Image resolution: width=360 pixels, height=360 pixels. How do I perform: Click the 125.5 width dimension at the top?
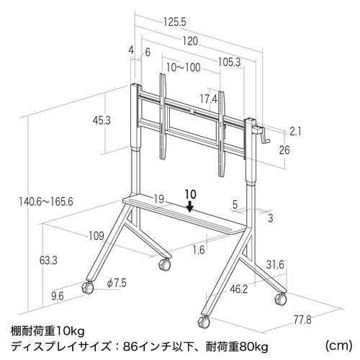pos(175,22)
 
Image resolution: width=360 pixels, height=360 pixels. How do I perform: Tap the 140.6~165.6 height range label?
pos(46,202)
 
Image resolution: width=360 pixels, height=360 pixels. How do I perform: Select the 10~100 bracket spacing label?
pos(183,68)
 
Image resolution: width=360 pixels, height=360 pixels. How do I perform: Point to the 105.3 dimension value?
pos(229,63)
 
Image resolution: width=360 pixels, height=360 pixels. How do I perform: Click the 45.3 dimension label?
pos(102,120)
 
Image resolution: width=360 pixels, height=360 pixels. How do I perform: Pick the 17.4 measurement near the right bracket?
pos(209,99)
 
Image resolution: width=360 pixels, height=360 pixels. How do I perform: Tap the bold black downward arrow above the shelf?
pos(190,206)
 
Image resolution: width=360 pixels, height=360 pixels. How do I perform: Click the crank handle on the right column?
pos(261,135)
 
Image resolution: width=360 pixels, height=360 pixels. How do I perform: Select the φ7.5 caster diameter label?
pos(117,283)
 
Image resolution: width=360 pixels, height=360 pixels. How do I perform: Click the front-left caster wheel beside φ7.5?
pos(88,287)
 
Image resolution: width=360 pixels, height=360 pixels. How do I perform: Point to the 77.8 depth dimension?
pos(302,320)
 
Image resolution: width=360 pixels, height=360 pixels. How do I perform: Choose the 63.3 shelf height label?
pos(48,261)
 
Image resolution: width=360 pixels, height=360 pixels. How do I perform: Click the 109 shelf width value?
pos(96,236)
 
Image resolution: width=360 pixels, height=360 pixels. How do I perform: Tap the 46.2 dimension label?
pos(238,289)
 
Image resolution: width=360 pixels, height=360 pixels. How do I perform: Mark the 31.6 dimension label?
pos(275,265)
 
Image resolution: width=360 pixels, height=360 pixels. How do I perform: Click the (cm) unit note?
pos(339,346)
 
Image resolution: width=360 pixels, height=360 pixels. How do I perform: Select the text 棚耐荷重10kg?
pos(48,332)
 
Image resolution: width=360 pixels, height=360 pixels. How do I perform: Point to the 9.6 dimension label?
pos(58,297)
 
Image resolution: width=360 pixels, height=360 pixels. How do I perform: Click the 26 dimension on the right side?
pos(284,150)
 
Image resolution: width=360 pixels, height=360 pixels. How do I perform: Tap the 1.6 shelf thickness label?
pos(199,251)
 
